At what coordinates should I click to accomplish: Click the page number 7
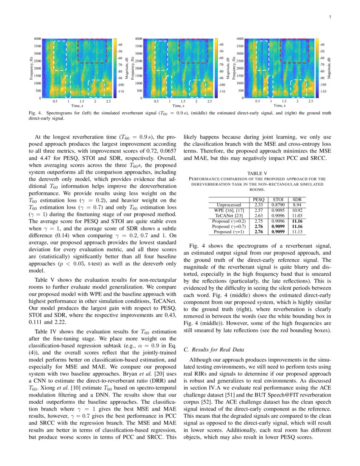coord(330,17)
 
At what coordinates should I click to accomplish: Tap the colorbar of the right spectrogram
coord(317,68)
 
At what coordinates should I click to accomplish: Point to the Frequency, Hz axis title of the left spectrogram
coord(31,68)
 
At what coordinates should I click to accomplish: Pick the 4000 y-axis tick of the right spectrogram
coord(239,39)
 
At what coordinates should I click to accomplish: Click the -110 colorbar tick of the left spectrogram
coord(121,91)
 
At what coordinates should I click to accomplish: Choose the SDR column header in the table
coord(297,199)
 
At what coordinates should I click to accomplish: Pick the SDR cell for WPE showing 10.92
coord(297,210)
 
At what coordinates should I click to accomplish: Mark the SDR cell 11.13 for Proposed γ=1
coord(297,232)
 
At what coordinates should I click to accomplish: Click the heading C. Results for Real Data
coord(214,349)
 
